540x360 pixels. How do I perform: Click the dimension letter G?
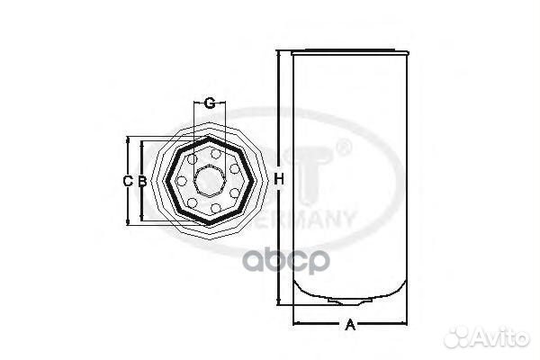coord(209,103)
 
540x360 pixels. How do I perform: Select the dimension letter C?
coord(128,181)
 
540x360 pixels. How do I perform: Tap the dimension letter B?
coord(142,181)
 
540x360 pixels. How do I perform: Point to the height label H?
coord(280,180)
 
